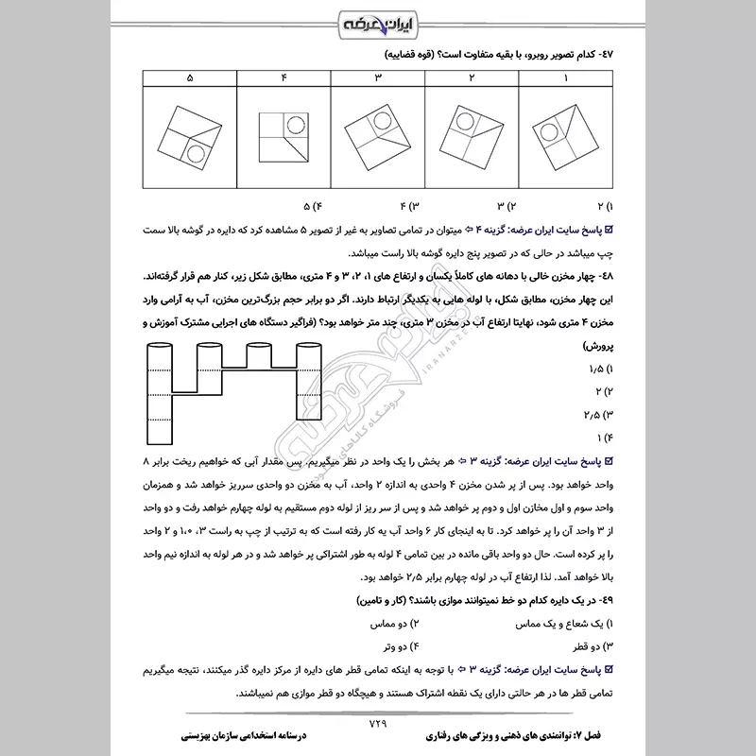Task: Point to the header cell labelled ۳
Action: click(x=378, y=77)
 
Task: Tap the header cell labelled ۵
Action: click(x=189, y=77)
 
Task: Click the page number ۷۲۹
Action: click(x=378, y=724)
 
